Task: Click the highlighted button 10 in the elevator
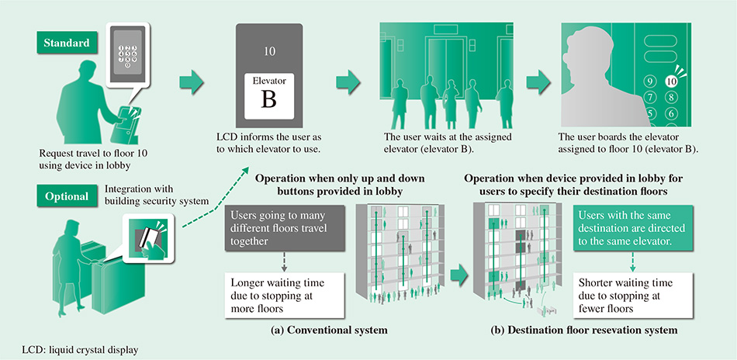(672, 79)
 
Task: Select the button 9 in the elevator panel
(650, 81)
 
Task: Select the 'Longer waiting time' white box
(278, 292)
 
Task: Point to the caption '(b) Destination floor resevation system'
(584, 330)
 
